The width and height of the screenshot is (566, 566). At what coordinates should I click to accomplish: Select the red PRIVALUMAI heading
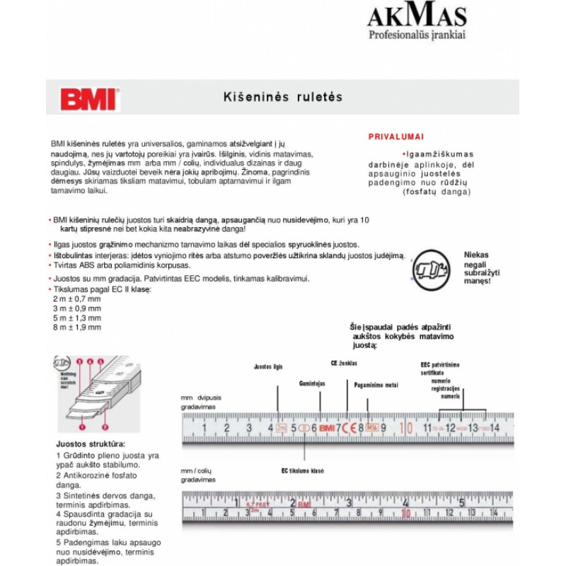pos(396,137)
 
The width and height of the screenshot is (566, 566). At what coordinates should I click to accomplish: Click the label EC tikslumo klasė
pos(303,470)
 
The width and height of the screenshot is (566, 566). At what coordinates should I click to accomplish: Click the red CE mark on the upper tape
pos(350,427)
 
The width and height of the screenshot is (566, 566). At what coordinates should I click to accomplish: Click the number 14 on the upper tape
pos(494,427)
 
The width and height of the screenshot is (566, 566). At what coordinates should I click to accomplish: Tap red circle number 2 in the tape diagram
pos(105,428)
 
